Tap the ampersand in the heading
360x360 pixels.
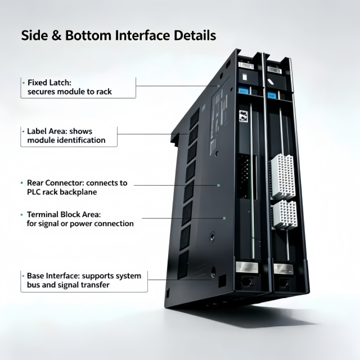coord(56,35)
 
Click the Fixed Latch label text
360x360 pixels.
coord(49,83)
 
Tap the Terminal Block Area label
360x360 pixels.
coord(64,214)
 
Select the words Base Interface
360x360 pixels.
coord(53,276)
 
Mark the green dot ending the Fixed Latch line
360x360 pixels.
coord(219,86)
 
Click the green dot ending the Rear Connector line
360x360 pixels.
coord(219,185)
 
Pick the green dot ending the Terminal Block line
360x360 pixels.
coord(224,218)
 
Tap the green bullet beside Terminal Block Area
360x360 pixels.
coord(22,215)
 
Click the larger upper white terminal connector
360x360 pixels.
coord(283,176)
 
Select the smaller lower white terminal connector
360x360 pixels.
coord(285,215)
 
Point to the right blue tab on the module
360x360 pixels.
coord(271,94)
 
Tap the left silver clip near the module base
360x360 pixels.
coord(247,267)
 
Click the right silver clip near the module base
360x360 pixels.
coord(283,269)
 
